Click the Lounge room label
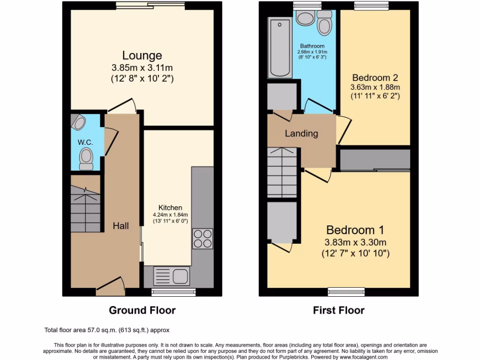pos(142,56)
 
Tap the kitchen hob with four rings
pos(202,238)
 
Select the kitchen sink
pos(171,276)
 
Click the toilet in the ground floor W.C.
pos(86,158)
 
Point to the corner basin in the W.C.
pos(79,123)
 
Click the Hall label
pos(120,226)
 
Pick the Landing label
pos(301,134)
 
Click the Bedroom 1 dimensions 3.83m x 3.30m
pos(355,242)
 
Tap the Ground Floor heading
pos(142,310)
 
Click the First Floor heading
pos(338,310)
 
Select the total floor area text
pos(110,330)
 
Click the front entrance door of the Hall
pos(110,285)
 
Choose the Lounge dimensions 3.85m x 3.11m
pos(142,68)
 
